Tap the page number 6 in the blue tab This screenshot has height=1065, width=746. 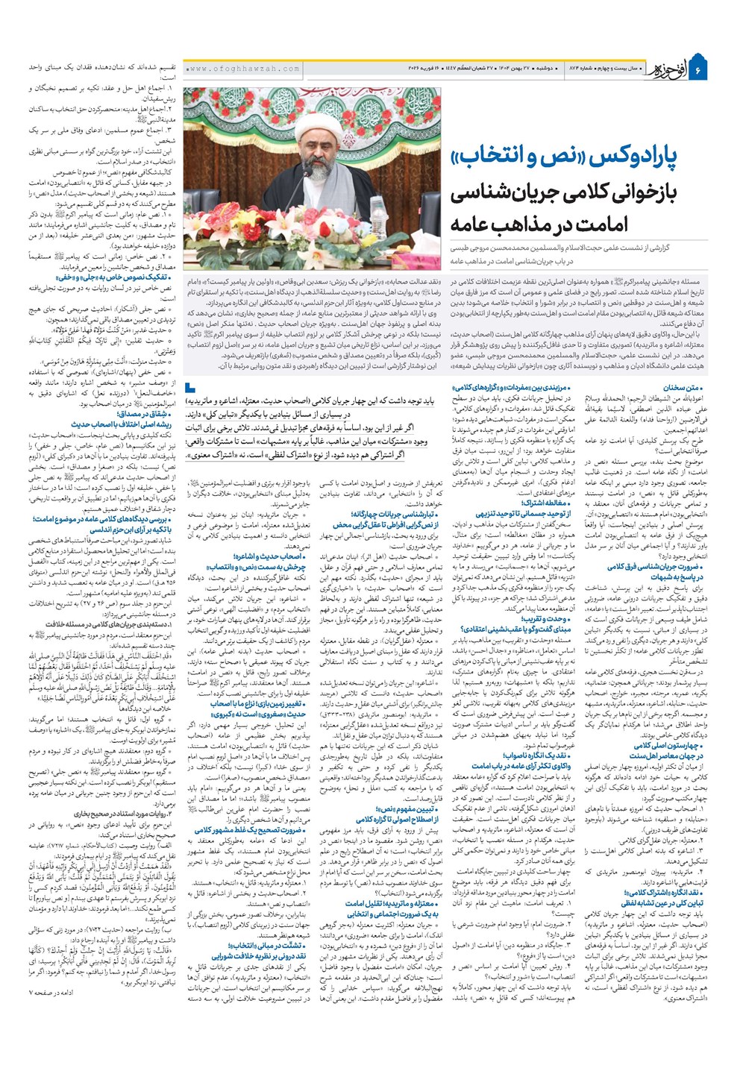699,69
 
